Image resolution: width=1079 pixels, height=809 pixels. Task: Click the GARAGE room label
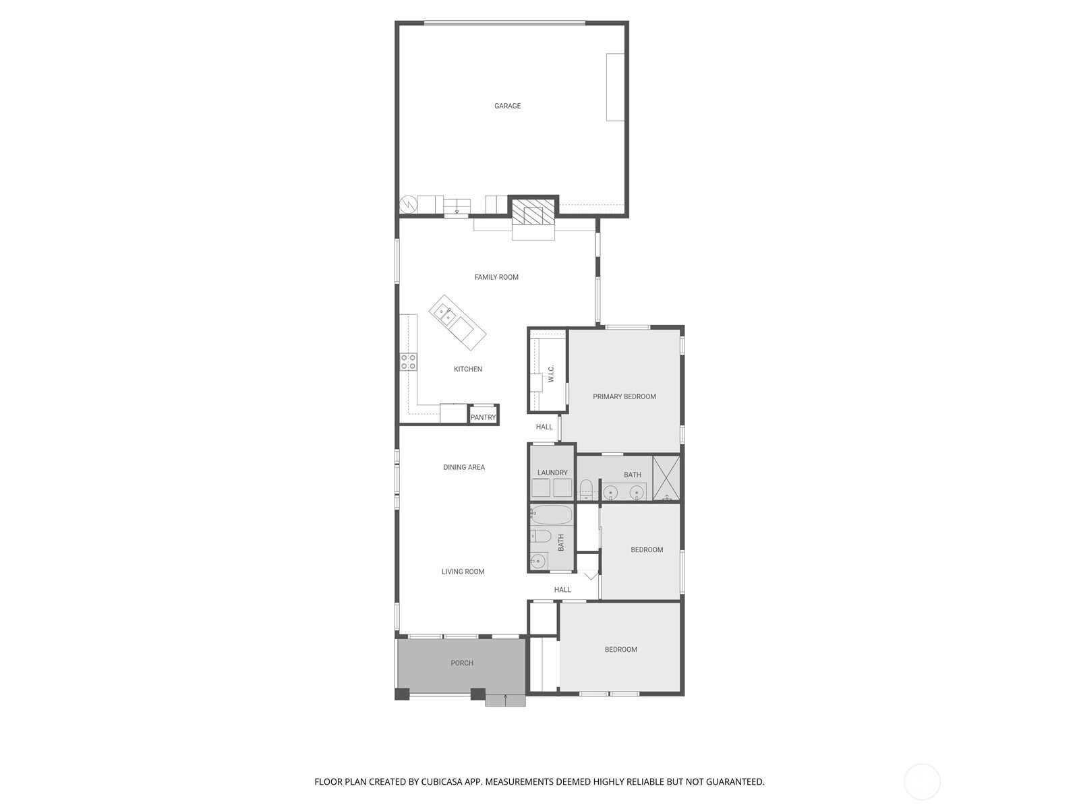click(x=507, y=106)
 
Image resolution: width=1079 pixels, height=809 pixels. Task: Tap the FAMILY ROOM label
click(x=496, y=277)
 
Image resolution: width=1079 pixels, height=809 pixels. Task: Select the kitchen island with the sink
click(x=457, y=322)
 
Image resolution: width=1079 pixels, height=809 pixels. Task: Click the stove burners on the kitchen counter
click(x=408, y=362)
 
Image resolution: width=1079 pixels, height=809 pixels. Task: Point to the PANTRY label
click(x=483, y=417)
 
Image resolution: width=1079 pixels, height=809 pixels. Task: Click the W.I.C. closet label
click(x=550, y=373)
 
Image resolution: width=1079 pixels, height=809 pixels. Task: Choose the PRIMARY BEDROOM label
click(x=624, y=396)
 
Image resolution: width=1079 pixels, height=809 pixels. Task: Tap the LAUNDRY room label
click(x=552, y=473)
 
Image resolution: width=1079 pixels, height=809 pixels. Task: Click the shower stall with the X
click(x=666, y=479)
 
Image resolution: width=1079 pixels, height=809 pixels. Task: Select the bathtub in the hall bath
click(x=551, y=515)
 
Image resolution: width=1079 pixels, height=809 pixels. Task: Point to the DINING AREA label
click(x=464, y=467)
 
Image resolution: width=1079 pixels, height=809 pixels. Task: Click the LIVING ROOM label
click(x=463, y=571)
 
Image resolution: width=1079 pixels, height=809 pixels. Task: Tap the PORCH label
click(x=462, y=663)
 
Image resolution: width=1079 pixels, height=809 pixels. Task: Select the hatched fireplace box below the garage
click(x=533, y=212)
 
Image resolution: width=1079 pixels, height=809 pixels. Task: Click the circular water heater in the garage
click(x=408, y=204)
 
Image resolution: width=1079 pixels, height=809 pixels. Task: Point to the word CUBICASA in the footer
click(x=442, y=781)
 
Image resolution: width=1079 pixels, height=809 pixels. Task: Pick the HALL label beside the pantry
click(x=544, y=427)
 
